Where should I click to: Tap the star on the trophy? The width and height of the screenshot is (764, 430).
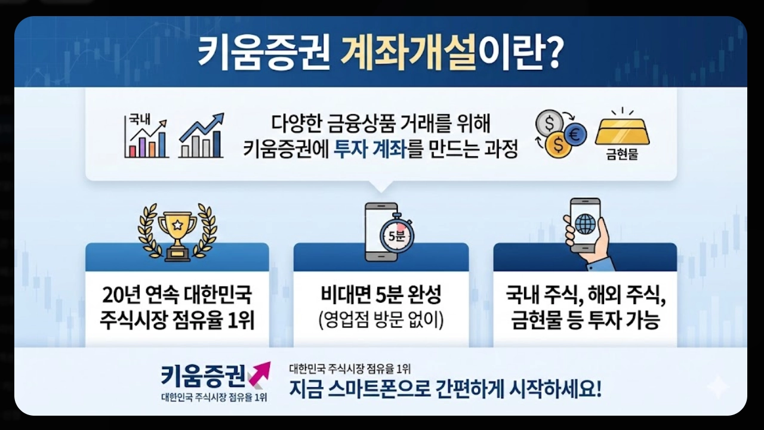pos(177,225)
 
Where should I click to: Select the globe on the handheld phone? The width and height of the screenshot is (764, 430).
pos(585,223)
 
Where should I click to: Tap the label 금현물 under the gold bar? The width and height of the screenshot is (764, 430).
pos(622,154)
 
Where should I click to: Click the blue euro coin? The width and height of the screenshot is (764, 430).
pos(575,135)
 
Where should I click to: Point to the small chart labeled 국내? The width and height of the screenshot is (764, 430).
pos(146,137)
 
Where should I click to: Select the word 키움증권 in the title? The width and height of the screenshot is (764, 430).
pos(264,55)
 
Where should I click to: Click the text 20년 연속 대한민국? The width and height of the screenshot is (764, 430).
pos(177,295)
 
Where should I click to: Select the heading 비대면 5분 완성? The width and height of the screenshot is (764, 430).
pos(381,296)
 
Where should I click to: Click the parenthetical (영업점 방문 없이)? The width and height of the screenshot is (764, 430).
pos(381,320)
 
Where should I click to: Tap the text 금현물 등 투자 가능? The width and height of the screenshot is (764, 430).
pos(585,321)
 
